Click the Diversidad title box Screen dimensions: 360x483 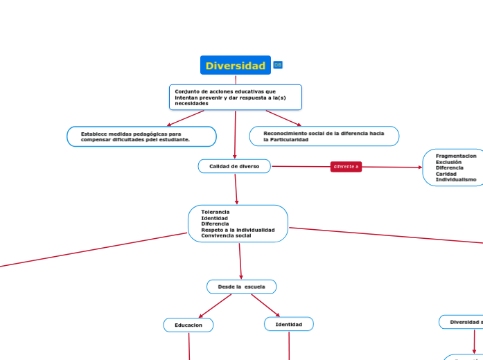click(x=236, y=66)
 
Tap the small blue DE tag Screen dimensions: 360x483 click(x=278, y=65)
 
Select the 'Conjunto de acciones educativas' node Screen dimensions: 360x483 click(x=235, y=97)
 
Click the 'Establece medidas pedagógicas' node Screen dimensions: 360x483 click(x=141, y=136)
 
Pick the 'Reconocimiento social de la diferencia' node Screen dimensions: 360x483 click(x=324, y=136)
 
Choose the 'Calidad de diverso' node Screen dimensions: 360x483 click(x=234, y=166)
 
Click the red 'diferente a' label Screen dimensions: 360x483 click(x=346, y=167)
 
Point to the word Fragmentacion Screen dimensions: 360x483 click(x=455, y=156)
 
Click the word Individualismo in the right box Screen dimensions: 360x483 click(x=455, y=179)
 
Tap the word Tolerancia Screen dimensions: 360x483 click(x=215, y=212)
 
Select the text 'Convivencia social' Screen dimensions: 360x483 click(x=226, y=235)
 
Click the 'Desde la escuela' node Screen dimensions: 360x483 click(x=241, y=287)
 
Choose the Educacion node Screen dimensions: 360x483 click(x=188, y=325)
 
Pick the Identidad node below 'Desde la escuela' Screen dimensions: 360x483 click(x=288, y=324)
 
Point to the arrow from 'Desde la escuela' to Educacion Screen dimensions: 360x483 click(x=215, y=305)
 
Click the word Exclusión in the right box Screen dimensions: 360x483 click(x=448, y=162)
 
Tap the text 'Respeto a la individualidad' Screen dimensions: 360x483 click(x=238, y=230)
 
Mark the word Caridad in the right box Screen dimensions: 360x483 click(x=446, y=174)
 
